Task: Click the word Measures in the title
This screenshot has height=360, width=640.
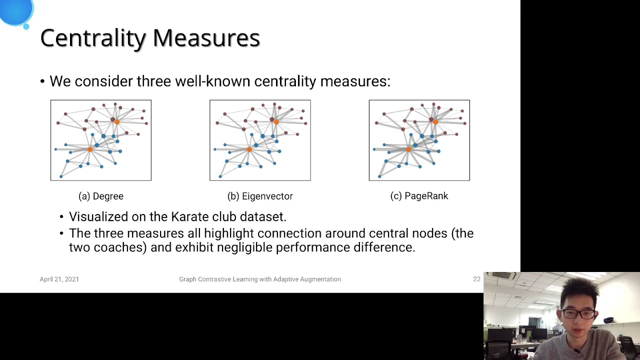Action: point(206,38)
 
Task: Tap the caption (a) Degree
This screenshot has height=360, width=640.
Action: point(101,196)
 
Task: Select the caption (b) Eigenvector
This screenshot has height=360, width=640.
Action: point(260,196)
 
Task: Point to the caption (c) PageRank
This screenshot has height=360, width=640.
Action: point(419,196)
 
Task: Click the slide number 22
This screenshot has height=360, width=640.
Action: point(476,279)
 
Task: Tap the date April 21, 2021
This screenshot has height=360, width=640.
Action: point(59,279)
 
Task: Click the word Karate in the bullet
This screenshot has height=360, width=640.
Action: point(190,216)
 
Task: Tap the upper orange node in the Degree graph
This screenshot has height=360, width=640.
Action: point(117,121)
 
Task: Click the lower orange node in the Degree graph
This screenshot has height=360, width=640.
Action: point(90,149)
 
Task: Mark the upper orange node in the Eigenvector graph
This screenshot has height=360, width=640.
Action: point(276,121)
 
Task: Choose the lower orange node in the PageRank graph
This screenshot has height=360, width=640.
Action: point(408,149)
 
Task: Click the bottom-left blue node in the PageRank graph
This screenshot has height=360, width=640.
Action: point(379,176)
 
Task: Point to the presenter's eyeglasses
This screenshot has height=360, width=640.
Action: point(579,314)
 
